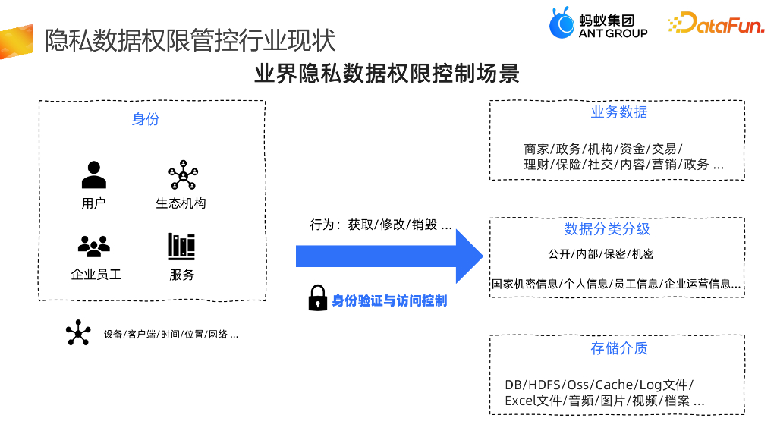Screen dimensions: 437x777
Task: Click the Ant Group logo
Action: pyautogui.click(x=598, y=24)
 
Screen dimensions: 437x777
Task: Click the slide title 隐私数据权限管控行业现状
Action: pyautogui.click(x=190, y=40)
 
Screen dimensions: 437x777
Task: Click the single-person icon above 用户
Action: pyautogui.click(x=93, y=175)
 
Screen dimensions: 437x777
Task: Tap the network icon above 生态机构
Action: pyautogui.click(x=182, y=175)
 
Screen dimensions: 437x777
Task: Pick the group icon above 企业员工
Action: pyautogui.click(x=93, y=246)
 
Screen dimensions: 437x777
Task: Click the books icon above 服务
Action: pyautogui.click(x=181, y=246)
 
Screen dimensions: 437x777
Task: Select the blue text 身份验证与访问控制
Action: pyautogui.click(x=389, y=300)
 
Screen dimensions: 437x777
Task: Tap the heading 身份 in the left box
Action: pyautogui.click(x=146, y=119)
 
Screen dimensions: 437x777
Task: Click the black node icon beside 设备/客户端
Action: pyautogui.click(x=77, y=332)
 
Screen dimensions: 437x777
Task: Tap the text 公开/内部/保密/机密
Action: pyautogui.click(x=601, y=253)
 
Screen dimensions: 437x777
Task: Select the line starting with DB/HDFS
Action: pyautogui.click(x=599, y=385)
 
